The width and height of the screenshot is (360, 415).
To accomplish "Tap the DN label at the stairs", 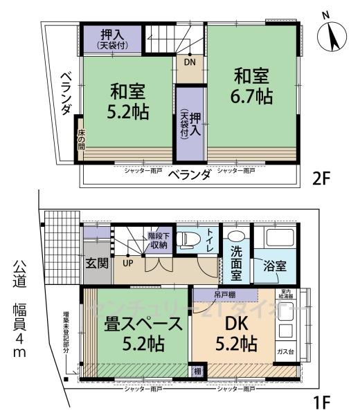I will click(x=190, y=62).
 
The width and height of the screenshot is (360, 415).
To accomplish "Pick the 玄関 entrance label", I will click(x=96, y=264).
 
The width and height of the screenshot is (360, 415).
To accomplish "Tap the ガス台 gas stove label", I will click(x=284, y=351).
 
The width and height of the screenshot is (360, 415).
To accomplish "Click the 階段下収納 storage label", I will click(x=158, y=240).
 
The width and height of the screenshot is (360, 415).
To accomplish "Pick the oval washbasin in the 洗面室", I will click(x=235, y=234).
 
